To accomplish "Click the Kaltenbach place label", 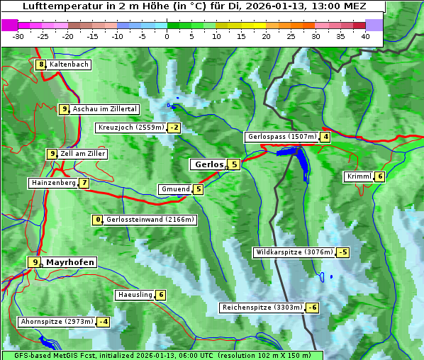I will click(69, 64).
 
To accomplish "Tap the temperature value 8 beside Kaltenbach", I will click(41, 64).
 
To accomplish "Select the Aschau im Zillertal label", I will click(105, 109).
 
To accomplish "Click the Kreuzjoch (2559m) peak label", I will click(130, 128).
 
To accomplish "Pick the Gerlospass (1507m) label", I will click(281, 137).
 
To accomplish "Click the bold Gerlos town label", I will click(208, 164).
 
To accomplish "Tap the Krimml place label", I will click(359, 176).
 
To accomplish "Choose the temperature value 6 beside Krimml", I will click(380, 176).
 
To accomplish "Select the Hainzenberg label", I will click(52, 183).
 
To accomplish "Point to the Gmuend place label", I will click(175, 189).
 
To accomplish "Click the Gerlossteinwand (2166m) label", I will click(150, 220).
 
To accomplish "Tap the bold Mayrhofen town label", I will click(69, 262).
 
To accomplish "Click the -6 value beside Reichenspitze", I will click(312, 308).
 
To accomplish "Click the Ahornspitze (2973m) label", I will click(57, 322).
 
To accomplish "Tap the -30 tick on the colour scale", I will click(18, 35).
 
